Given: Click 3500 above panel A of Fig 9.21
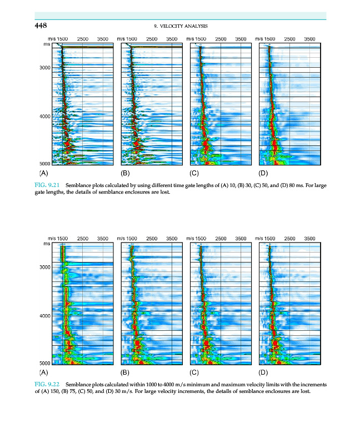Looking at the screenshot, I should (x=102, y=39).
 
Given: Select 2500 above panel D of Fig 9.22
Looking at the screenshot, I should (x=289, y=238).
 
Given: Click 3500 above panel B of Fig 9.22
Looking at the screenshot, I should (x=172, y=238).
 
